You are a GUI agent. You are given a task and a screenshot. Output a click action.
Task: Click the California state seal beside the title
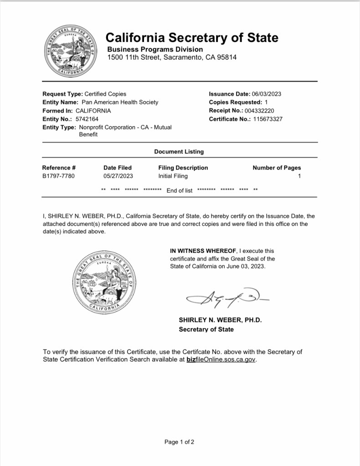(x=71, y=52)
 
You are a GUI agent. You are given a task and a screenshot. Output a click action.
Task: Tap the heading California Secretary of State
(x=191, y=37)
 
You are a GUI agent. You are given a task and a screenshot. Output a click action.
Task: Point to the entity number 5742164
(x=87, y=119)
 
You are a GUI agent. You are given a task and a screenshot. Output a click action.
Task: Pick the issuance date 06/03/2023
(x=267, y=94)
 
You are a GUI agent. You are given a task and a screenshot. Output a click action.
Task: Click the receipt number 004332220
(x=259, y=111)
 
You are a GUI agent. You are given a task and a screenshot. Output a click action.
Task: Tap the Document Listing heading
(x=179, y=151)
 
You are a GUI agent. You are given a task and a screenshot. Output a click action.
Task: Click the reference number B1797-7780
(x=58, y=176)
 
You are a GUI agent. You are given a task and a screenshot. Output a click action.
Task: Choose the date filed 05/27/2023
(x=118, y=176)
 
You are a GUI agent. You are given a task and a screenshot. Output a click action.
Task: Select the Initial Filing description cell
(x=173, y=176)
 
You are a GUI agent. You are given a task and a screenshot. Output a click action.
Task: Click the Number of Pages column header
(x=277, y=168)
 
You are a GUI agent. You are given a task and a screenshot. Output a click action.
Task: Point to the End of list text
(x=180, y=190)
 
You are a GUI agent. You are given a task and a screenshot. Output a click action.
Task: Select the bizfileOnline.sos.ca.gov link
(x=221, y=359)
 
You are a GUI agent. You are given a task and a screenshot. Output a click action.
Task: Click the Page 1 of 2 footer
(x=180, y=442)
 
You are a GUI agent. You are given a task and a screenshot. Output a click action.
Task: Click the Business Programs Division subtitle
(x=155, y=49)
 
